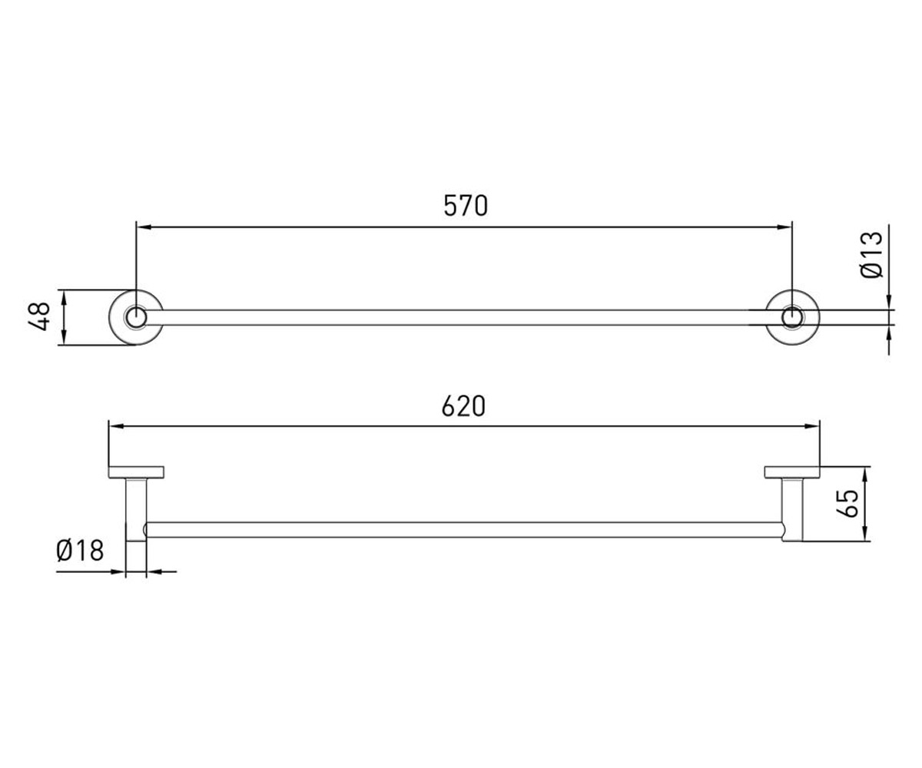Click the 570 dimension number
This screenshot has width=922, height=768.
pyautogui.click(x=466, y=206)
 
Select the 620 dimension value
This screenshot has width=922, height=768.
pyautogui.click(x=463, y=406)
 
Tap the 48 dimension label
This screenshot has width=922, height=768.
pyautogui.click(x=39, y=316)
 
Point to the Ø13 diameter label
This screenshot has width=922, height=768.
pyautogui.click(x=871, y=255)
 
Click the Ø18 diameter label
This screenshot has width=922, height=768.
pyautogui.click(x=80, y=551)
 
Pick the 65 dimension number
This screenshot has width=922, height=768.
pyautogui.click(x=847, y=503)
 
